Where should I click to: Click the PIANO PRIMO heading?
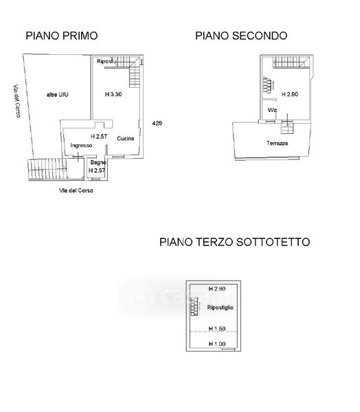pyautogui.click(x=62, y=36)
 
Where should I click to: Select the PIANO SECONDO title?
pyautogui.click(x=241, y=36)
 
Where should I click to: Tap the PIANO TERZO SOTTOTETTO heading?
pyautogui.click(x=234, y=242)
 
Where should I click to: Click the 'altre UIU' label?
pyautogui.click(x=57, y=95)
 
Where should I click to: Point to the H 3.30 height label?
pyautogui.click(x=113, y=94)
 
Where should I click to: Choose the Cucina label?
pyautogui.click(x=126, y=139)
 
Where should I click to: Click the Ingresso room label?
pyautogui.click(x=81, y=146)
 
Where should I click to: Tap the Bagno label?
pyautogui.click(x=98, y=162)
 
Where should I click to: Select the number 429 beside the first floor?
pyautogui.click(x=157, y=123)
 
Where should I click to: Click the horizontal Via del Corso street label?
pyautogui.click(x=76, y=190)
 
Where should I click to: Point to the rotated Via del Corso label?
pyautogui.click(x=16, y=101)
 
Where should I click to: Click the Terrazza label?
pyautogui.click(x=277, y=144)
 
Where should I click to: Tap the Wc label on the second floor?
pyautogui.click(x=272, y=110)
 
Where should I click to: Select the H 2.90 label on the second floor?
pyautogui.click(x=290, y=94)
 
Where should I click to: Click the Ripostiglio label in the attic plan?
pyautogui.click(x=220, y=307)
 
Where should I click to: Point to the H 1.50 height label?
pyautogui.click(x=217, y=328)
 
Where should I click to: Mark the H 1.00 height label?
pyautogui.click(x=217, y=344)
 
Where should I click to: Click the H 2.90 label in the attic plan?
pyautogui.click(x=217, y=289)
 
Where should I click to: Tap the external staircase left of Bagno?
pyautogui.click(x=47, y=169)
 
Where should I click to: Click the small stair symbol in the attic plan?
pyautogui.click(x=194, y=306)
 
